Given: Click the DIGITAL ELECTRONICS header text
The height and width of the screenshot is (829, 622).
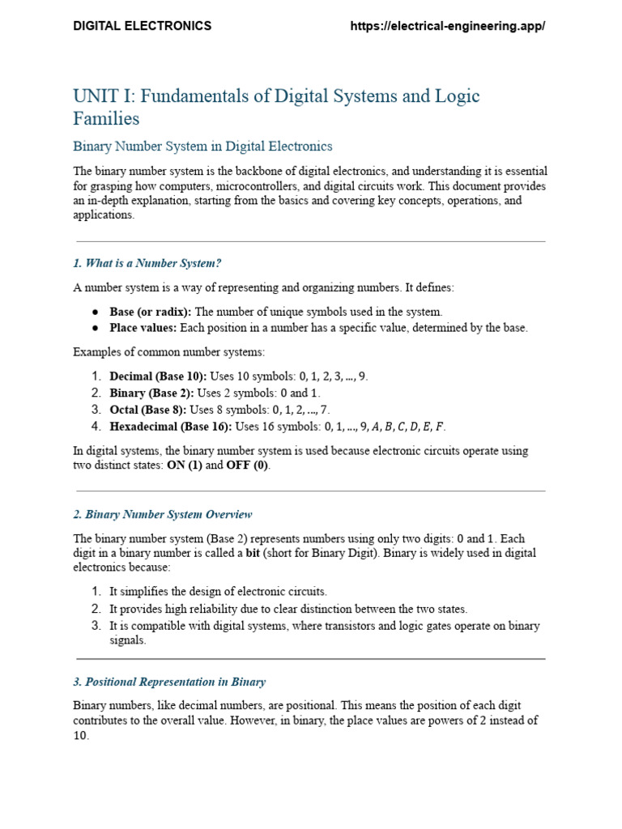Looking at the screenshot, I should (x=143, y=26).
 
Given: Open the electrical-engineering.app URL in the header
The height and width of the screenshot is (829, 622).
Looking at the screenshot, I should (x=447, y=26).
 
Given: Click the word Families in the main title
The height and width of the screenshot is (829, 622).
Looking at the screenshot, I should (x=106, y=119).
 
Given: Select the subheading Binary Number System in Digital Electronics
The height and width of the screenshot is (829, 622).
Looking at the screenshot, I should (x=202, y=147).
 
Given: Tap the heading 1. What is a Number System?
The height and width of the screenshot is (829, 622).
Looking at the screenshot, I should (x=147, y=263).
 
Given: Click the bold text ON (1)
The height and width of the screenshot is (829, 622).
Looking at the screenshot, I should (x=184, y=466).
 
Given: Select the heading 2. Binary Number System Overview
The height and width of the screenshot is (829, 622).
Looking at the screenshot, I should (x=163, y=514).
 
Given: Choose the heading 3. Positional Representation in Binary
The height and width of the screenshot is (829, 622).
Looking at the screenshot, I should (x=169, y=682).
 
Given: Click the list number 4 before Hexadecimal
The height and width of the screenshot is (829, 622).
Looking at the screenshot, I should (x=95, y=426).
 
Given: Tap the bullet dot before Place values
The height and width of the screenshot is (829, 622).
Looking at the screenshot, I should (x=95, y=328).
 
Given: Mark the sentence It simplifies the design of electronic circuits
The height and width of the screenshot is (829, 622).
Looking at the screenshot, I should (x=219, y=592).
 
